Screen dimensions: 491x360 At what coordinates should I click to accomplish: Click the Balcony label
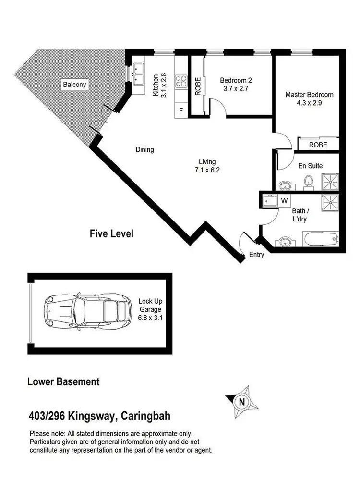[74, 85]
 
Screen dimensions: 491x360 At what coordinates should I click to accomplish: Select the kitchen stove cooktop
[182, 80]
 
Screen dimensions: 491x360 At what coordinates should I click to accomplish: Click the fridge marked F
[181, 110]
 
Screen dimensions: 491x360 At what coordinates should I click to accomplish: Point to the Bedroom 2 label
[236, 80]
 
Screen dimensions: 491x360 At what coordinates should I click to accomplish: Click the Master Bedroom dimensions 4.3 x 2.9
[309, 103]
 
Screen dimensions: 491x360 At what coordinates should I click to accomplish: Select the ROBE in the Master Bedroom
[318, 145]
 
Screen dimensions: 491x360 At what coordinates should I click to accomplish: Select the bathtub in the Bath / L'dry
[321, 239]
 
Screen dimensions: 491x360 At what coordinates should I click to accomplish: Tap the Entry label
[256, 255]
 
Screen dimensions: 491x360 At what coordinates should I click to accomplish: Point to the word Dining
[144, 150]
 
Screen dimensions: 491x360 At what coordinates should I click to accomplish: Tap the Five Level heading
[111, 234]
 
